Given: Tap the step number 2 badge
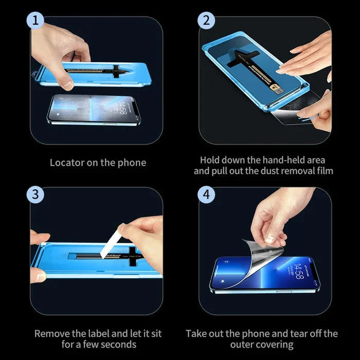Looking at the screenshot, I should [x=206, y=21].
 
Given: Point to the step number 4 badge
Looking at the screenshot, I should [x=206, y=195].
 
